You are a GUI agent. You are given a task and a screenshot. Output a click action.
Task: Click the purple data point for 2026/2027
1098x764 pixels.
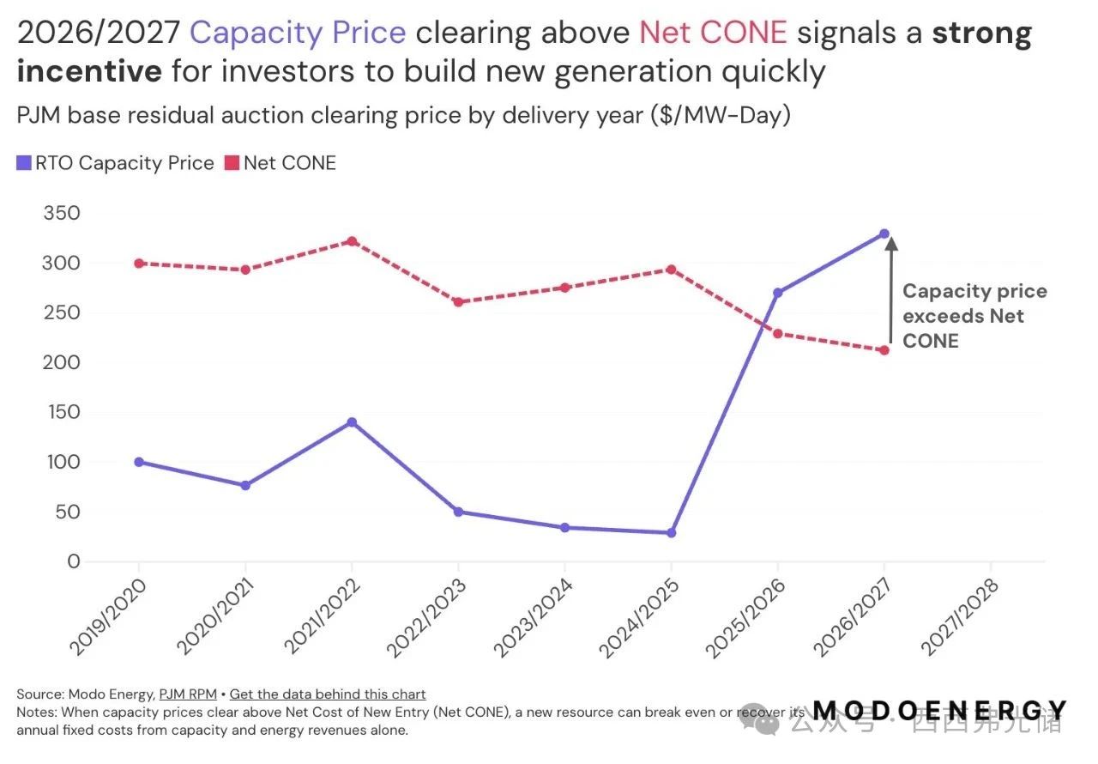884,233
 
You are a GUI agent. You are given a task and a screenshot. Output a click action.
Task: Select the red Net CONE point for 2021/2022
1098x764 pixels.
352,241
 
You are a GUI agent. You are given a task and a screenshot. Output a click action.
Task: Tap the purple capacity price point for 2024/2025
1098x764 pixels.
671,533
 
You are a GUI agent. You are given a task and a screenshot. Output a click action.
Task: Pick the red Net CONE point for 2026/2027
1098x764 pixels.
884,350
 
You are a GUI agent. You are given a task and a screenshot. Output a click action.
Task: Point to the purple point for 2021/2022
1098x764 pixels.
352,422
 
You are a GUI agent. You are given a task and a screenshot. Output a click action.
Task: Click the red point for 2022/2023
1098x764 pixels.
458,302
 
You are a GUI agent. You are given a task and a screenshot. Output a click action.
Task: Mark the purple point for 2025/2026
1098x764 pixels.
777,293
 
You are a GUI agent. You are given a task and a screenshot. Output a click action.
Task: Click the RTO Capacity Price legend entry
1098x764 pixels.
116,163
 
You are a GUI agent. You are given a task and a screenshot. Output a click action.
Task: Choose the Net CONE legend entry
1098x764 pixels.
281,163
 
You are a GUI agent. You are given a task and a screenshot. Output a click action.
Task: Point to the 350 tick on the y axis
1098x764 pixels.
61,214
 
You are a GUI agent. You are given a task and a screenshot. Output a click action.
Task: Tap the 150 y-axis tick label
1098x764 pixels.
61,413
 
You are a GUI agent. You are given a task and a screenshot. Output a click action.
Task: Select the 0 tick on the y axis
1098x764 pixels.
73,562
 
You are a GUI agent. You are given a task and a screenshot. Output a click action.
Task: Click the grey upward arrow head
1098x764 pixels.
891,244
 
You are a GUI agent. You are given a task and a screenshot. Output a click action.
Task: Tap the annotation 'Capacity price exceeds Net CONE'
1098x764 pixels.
974,316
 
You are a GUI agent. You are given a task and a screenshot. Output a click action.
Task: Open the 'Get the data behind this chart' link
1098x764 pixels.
328,694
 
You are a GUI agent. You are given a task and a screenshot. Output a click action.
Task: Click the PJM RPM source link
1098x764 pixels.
188,694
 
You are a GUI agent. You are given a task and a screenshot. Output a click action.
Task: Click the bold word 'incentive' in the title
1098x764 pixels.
89,70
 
